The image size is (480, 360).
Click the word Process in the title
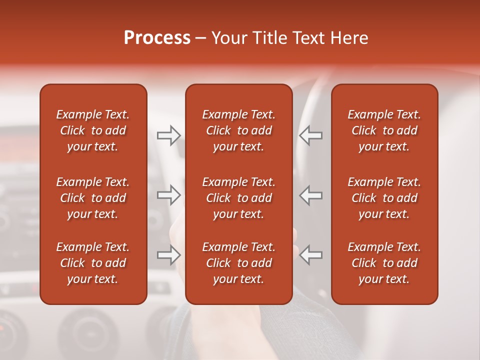click(157, 38)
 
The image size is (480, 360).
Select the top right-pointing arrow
click(169, 135)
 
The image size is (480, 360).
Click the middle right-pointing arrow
click(169, 195)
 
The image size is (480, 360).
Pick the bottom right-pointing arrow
click(169, 255)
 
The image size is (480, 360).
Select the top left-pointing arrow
click(310, 135)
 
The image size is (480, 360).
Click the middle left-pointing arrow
click(310, 195)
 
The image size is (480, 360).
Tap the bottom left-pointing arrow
click(310, 255)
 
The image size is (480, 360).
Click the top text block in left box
click(93, 130)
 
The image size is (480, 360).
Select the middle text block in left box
click(93, 198)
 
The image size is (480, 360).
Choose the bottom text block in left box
click(93, 263)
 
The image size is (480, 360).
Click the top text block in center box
click(239, 130)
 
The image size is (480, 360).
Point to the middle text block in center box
click(239, 198)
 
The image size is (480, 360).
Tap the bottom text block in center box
click(239, 263)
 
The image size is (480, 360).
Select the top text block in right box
click(384, 130)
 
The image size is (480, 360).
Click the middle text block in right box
click(384, 198)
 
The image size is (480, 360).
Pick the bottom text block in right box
click(384, 263)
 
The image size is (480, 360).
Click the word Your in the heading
click(230, 38)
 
